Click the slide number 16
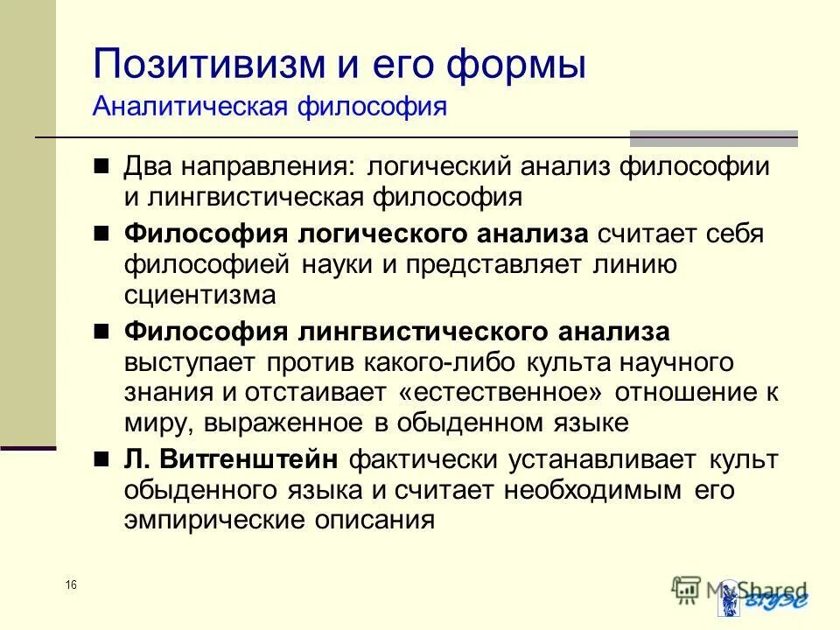coord(71,584)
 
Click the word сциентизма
coord(199,295)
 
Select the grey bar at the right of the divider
coord(713,137)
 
